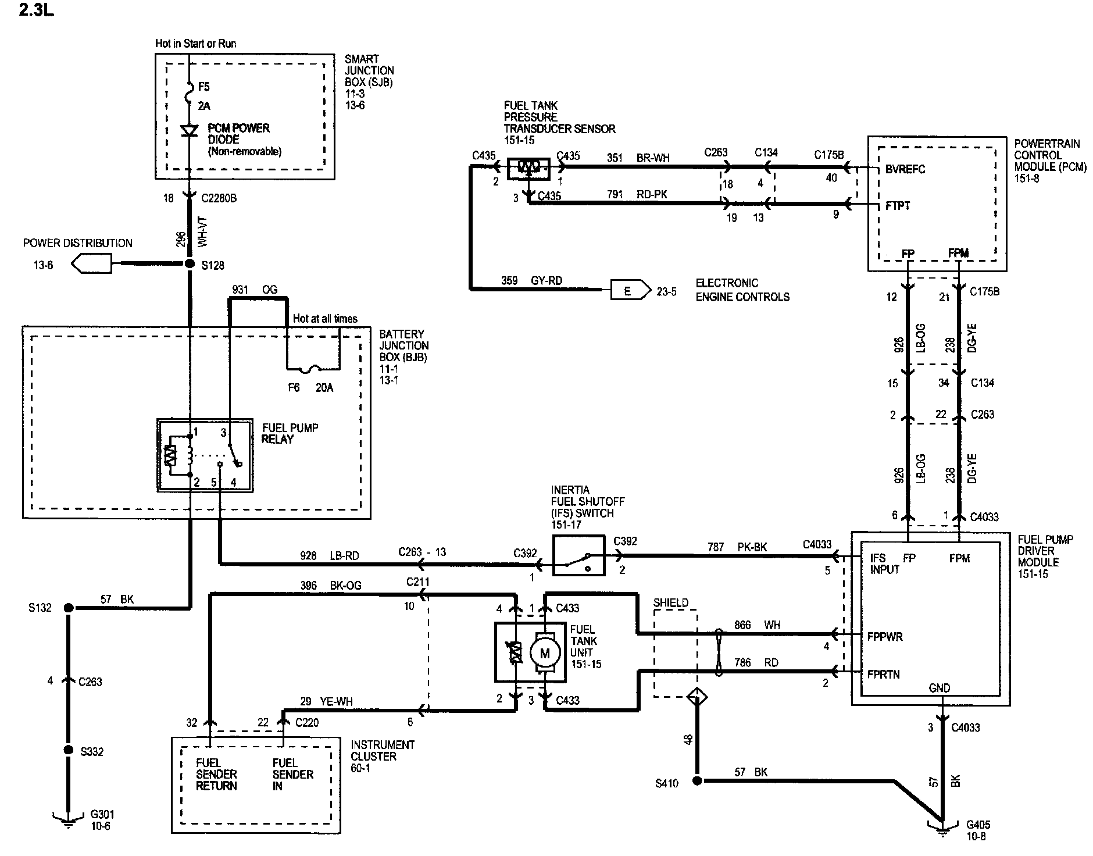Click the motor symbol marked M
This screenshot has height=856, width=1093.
pos(545,654)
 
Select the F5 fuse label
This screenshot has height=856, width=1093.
pos(203,87)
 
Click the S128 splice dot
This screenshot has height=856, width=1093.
pos(190,263)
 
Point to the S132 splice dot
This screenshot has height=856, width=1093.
pos(68,608)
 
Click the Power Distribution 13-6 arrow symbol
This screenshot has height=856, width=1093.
pos(91,264)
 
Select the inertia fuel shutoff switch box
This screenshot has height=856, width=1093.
pos(578,556)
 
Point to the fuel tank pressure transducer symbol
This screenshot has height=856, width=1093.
pos(528,169)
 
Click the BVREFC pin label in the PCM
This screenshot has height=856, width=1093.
pos(905,169)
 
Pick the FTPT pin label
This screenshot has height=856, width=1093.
pos(898,206)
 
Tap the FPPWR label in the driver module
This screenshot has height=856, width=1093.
pos(885,637)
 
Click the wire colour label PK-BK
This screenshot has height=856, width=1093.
pos(753,547)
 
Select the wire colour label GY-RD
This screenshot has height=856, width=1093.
pos(547,280)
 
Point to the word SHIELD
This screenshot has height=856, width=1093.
pos(670,603)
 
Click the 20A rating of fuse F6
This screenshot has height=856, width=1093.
pos(324,388)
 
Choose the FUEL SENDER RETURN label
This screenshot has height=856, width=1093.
pos(216,774)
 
